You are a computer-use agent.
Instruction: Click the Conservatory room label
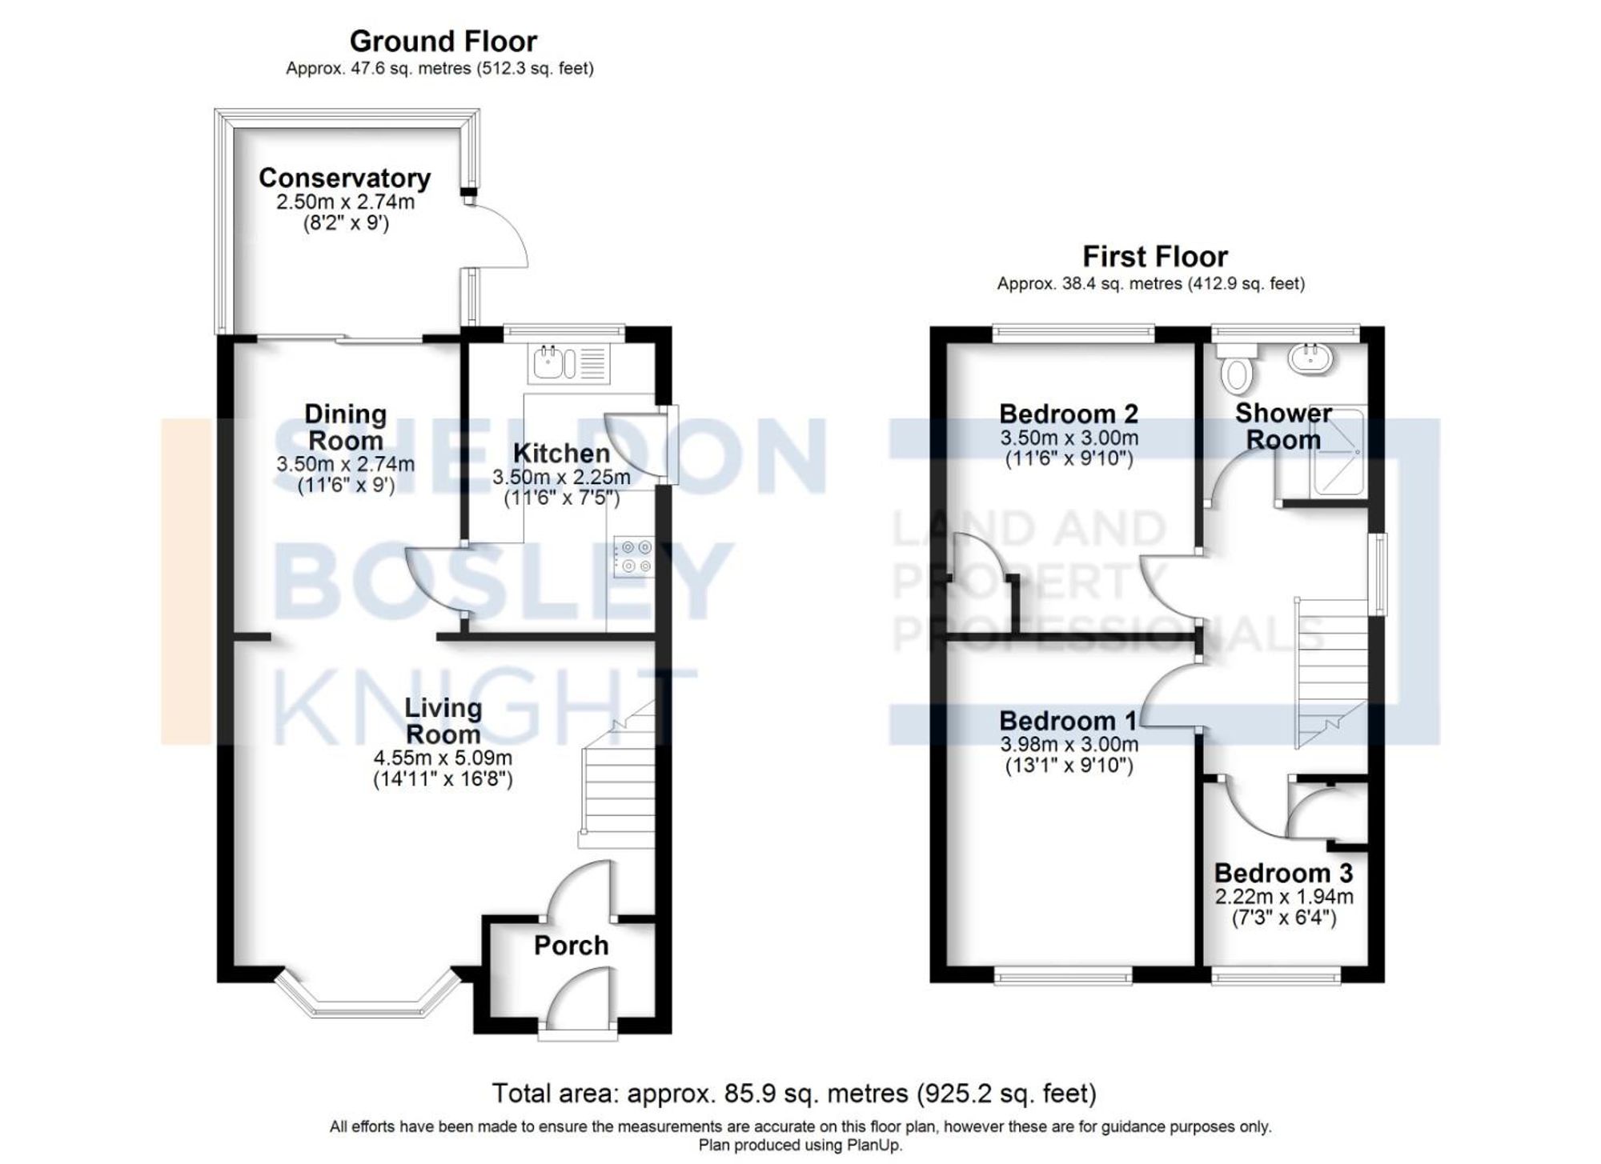(344, 178)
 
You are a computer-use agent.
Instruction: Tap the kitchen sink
(550, 362)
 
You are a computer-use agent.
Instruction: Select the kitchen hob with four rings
(633, 557)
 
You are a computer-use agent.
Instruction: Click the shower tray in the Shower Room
(1336, 453)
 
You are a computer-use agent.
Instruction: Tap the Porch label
(571, 946)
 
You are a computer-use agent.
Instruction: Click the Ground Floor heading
(443, 41)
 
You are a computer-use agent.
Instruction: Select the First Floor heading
(1154, 257)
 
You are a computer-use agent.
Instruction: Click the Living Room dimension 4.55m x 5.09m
(443, 758)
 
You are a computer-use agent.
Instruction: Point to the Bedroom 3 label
(1283, 873)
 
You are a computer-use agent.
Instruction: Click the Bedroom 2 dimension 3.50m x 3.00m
(1069, 438)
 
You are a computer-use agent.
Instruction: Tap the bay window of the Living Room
(364, 1000)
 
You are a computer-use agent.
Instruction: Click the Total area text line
(793, 1093)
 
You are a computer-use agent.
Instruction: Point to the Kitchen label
(561, 453)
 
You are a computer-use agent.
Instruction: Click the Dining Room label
(346, 427)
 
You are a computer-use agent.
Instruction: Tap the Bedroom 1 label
(1068, 721)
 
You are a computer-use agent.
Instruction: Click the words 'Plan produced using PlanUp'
(800, 1145)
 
